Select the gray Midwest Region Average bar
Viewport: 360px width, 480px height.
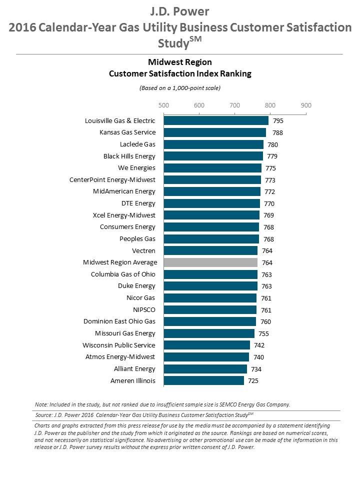click(210, 262)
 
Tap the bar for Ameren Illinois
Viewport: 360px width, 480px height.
click(204, 381)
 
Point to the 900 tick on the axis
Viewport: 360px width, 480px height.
click(306, 105)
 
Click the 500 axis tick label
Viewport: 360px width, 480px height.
click(163, 105)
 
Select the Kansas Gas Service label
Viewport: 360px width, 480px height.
click(127, 132)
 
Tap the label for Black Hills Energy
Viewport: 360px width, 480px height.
click(129, 156)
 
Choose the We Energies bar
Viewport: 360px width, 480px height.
click(212, 168)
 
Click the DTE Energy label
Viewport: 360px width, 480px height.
click(138, 203)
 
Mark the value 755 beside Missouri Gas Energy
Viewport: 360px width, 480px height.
click(263, 333)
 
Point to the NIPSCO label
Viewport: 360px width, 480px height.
click(143, 309)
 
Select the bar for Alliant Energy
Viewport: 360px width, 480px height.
click(205, 369)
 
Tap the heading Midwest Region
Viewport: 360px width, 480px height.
click(180, 62)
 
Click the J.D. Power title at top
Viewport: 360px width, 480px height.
click(180, 11)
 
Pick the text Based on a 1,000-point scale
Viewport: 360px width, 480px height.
click(180, 88)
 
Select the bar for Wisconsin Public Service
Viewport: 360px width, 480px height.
click(207, 345)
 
